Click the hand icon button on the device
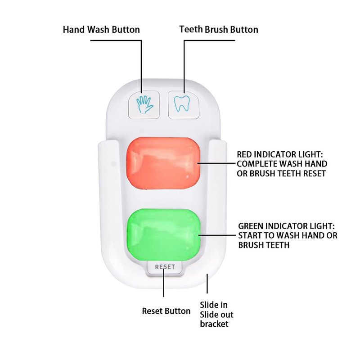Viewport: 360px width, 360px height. coord(144,105)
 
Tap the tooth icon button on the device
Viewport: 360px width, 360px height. coord(184,105)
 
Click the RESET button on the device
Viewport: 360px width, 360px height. coord(165,267)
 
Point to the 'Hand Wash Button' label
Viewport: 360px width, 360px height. coord(101,30)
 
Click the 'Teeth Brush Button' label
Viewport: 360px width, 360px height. coord(219,30)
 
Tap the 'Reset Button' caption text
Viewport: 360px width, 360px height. coord(166,311)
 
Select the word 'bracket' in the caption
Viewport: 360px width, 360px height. coord(214,324)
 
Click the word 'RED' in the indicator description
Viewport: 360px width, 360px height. coord(244,154)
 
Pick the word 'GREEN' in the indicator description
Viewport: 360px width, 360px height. coord(251,226)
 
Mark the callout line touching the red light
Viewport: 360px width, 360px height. coord(216,163)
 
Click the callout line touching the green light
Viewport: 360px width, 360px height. coord(217,235)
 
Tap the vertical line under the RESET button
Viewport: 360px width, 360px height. coord(164,282)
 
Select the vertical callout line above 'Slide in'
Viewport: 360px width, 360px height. coord(207,283)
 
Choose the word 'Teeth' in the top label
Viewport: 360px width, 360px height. coord(191,29)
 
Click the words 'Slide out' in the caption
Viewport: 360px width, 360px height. coord(216,315)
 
